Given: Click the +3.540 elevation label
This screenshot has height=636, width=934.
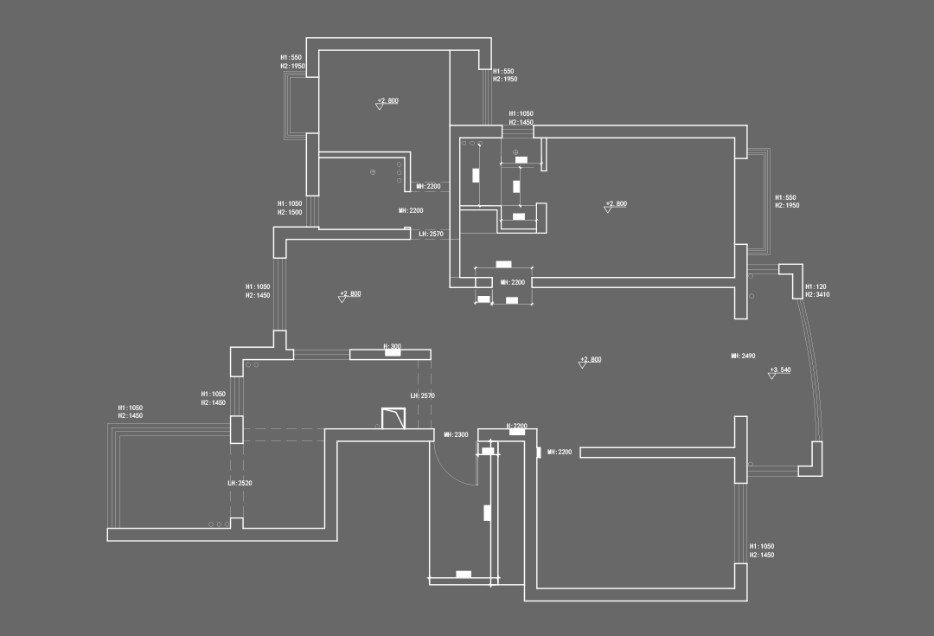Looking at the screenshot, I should (780, 369).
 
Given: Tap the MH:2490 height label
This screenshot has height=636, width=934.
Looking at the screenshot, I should (743, 356).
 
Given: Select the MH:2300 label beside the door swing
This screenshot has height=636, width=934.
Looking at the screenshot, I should (456, 434).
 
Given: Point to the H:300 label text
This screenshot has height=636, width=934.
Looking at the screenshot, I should (392, 346).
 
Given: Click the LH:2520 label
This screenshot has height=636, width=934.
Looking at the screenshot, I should (239, 483).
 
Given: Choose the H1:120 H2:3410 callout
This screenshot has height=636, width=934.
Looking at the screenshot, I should (817, 291).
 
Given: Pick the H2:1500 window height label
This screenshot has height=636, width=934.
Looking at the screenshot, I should (290, 212).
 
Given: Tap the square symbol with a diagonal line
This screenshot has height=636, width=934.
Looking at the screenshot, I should (393, 420).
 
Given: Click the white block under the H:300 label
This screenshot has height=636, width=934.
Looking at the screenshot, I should (390, 355).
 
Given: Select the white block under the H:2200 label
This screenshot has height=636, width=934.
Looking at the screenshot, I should (516, 432).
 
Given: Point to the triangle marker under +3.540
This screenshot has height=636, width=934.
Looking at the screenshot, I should (772, 376).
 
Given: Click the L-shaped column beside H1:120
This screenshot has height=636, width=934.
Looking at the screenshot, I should (792, 279).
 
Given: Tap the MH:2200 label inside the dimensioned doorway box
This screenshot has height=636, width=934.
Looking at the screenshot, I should (512, 282).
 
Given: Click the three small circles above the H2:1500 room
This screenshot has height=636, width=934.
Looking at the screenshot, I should (400, 173).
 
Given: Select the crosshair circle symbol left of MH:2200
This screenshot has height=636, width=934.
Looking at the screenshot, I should (373, 172).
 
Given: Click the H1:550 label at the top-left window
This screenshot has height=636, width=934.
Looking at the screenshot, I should (291, 57).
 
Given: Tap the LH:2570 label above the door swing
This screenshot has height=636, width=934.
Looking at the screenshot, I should (422, 395).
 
